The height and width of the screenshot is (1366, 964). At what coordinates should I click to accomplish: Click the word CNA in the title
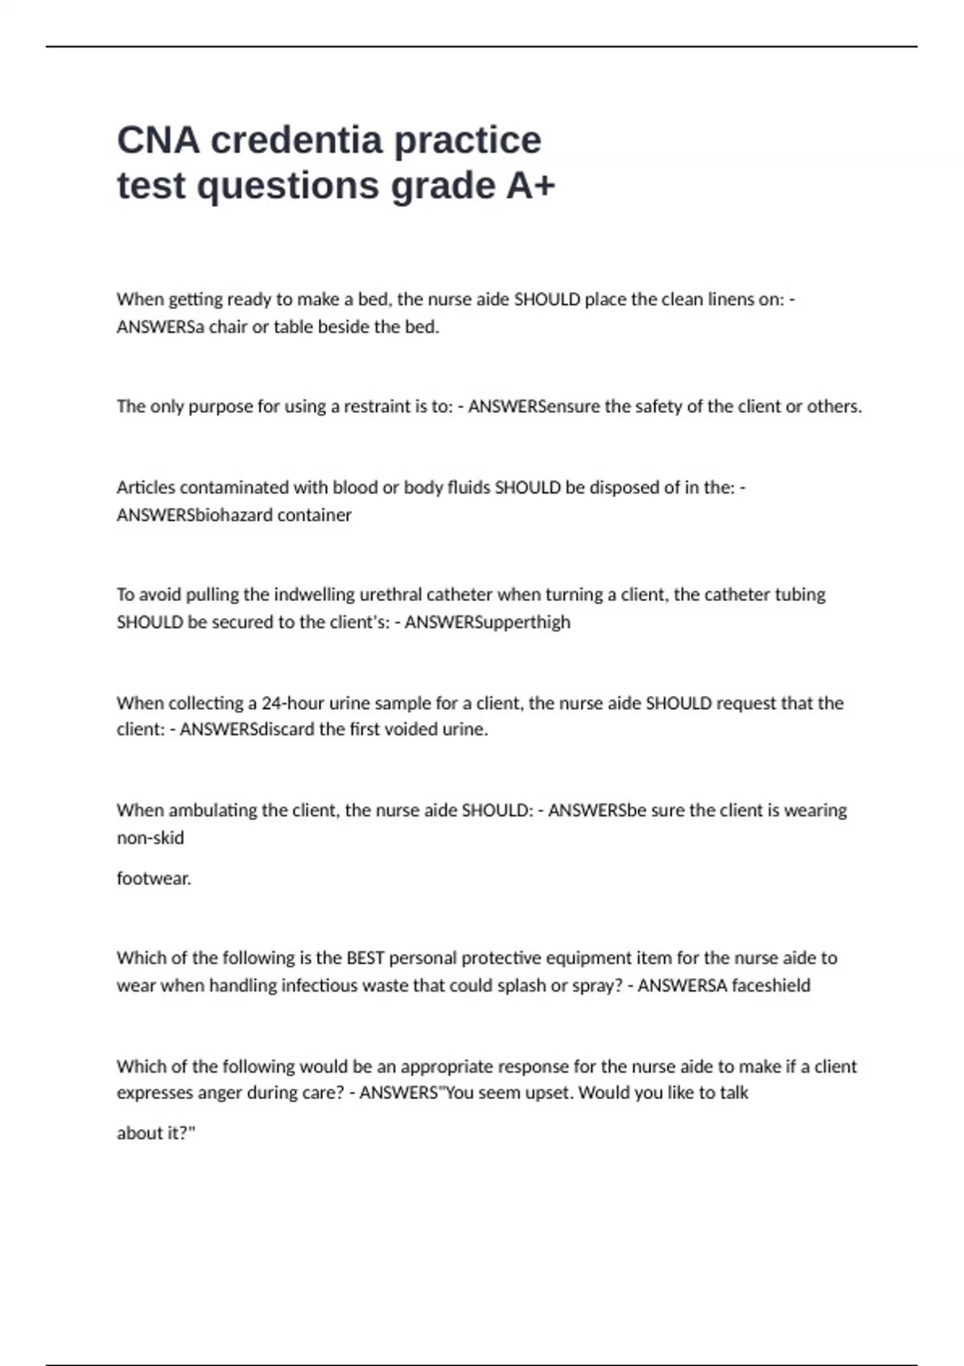158,141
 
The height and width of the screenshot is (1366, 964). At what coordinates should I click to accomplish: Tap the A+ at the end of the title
530,186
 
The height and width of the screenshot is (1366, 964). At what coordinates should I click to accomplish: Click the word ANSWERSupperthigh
488,622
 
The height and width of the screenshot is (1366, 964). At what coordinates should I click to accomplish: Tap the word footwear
153,878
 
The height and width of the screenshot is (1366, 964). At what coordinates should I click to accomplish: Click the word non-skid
150,838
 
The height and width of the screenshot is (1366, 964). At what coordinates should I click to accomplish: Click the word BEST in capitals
366,958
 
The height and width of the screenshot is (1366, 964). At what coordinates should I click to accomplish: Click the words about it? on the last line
156,1133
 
